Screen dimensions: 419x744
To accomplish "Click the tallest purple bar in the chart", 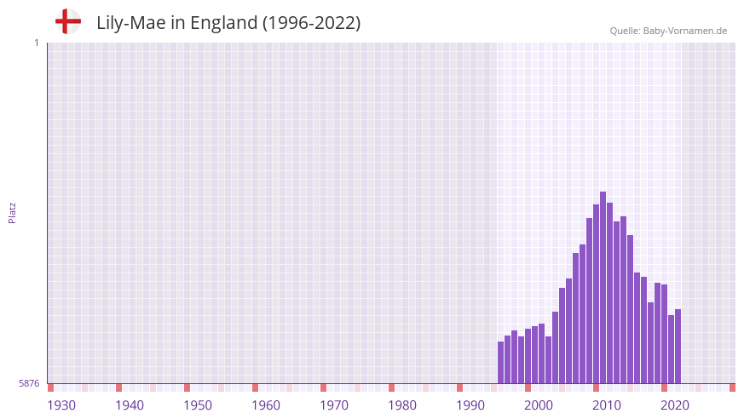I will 603,287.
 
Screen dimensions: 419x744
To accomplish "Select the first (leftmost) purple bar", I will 501,362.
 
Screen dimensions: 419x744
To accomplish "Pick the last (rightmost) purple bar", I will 678,346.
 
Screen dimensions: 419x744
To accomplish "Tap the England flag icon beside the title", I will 67,22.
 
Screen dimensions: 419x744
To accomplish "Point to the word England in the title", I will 223,23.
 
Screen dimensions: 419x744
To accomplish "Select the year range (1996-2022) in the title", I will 311,23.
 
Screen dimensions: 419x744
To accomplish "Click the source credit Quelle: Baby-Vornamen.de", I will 668,31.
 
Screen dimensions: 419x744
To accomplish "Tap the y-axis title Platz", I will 12,213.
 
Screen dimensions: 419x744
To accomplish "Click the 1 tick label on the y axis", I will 36,43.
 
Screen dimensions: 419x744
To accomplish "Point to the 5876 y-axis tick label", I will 29,384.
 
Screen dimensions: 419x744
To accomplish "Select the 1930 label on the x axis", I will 61,405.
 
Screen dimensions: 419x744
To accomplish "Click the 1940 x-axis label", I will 130,405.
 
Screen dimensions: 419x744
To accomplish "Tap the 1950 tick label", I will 198,405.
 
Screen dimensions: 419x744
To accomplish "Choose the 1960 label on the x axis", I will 266,405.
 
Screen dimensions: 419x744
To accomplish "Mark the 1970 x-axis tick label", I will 334,405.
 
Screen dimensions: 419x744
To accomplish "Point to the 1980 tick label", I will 402,405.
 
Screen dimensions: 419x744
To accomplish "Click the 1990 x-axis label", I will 470,405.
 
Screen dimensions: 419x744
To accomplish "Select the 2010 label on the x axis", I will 607,405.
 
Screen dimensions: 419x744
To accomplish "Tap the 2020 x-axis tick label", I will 675,405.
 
